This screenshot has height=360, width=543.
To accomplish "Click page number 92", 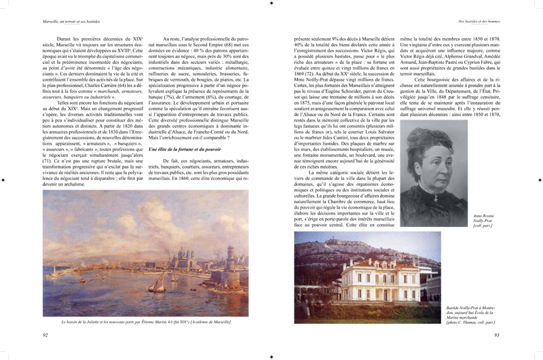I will click(45, 335).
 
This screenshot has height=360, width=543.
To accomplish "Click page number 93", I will click(497, 335).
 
